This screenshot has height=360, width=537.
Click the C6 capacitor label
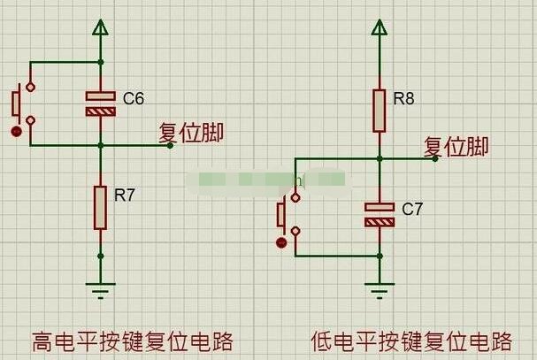134,99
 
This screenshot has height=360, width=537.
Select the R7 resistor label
125,195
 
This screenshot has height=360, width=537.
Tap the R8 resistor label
403,99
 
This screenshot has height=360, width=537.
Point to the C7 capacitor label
412,209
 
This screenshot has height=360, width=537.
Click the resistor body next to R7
100,208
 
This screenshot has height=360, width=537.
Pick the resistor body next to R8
380,111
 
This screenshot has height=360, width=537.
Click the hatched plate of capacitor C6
100,111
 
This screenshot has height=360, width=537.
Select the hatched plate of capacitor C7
380,223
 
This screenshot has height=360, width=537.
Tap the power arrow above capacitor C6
100,27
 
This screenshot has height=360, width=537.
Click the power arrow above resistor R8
380,27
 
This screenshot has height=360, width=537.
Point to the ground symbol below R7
100,291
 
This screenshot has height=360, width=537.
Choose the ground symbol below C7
380,291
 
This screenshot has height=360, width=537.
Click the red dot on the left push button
16,131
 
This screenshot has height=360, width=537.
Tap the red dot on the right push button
281,243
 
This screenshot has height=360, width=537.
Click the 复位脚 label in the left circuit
191,133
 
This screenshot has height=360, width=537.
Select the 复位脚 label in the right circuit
456,147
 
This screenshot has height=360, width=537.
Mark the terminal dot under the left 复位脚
170,146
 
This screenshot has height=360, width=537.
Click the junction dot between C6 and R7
100,146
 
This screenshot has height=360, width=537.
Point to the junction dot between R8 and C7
380,159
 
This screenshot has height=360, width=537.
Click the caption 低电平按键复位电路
411,341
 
